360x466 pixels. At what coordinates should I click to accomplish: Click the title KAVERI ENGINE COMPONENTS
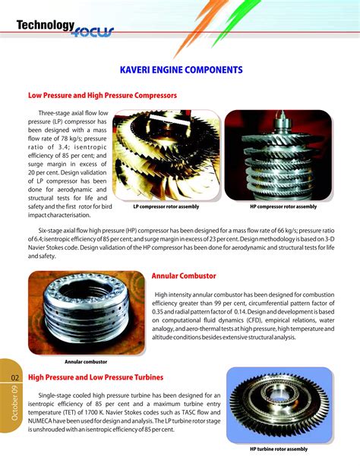181,70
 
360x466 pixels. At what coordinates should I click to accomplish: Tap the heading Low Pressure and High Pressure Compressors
103,96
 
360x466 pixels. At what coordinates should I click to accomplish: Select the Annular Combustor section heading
184,276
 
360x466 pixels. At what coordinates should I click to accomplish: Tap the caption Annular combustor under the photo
86,362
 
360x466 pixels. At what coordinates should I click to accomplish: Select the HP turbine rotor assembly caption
284,449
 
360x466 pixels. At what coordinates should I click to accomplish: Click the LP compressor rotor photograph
166,156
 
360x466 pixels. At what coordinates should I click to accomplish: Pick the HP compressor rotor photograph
283,156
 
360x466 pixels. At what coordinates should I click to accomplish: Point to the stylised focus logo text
93,32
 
